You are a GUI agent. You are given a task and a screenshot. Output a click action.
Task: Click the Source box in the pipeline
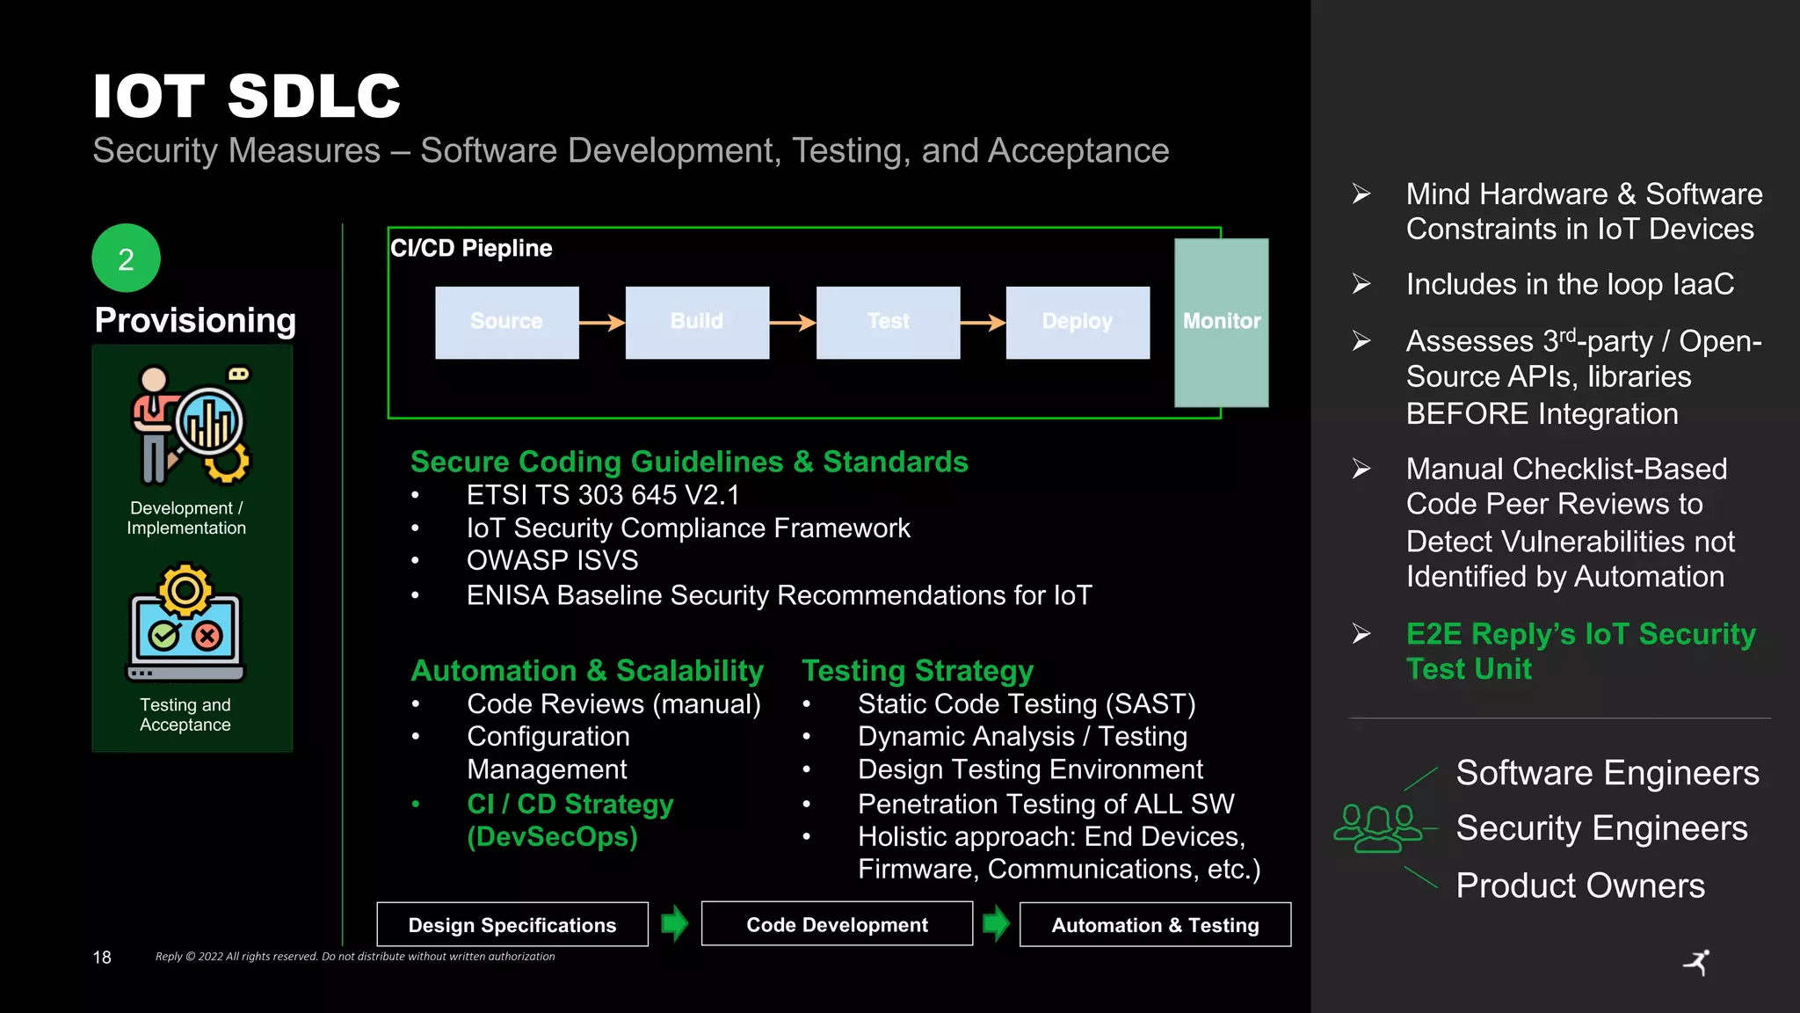507,322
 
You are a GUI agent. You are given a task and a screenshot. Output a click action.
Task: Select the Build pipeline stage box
697,322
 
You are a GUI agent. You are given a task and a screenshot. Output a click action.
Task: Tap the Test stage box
888,322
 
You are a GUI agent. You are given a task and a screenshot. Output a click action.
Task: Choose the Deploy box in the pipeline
1078,322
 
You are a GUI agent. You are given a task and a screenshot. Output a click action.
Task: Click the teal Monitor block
1221,322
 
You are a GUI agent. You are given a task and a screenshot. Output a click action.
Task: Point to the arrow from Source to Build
602,323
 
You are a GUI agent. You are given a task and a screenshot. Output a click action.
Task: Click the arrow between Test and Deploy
983,323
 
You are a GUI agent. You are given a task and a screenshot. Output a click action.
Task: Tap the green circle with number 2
127,259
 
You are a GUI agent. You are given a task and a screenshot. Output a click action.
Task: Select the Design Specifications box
512,924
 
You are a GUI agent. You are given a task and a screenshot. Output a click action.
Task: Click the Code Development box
837,924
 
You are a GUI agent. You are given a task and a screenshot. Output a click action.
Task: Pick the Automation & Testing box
1155,925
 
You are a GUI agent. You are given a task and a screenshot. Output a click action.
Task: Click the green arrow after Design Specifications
674,923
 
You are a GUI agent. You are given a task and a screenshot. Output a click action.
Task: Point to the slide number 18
102,957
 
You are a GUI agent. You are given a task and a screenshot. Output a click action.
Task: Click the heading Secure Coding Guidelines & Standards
689,462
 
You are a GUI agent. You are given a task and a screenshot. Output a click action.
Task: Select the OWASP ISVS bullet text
552,560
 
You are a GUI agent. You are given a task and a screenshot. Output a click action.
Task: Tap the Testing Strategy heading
918,671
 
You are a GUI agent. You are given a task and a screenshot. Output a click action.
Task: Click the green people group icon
1377,828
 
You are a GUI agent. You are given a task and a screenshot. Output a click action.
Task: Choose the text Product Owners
1580,885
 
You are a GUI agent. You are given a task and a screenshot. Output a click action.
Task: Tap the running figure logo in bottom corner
1697,962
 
